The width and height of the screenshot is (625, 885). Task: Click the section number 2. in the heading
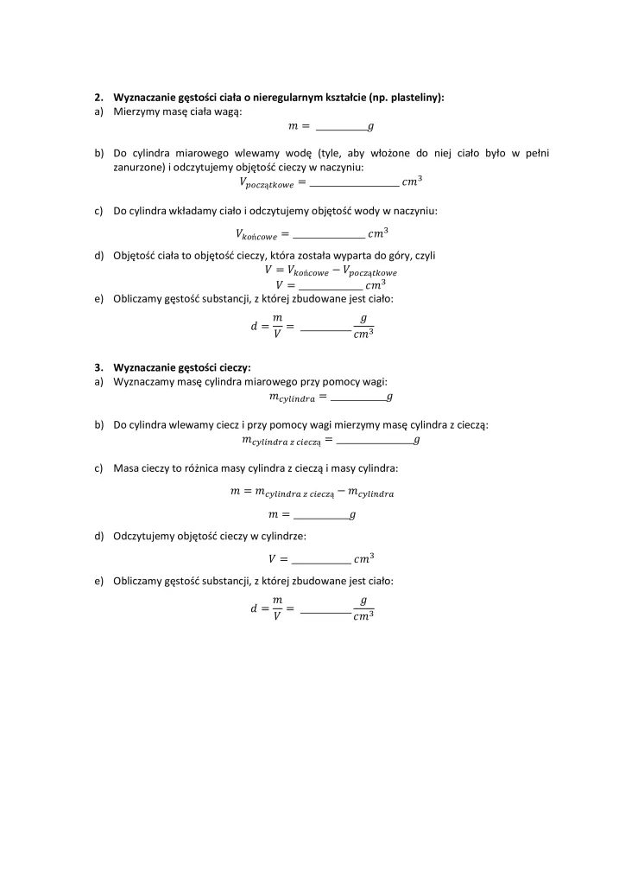pos(98,99)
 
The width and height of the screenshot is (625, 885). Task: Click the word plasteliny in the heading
pos(414,99)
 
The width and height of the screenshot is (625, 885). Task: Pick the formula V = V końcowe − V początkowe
pos(331,271)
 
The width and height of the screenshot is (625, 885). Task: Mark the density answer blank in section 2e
pos(326,329)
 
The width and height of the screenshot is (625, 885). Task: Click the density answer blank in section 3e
pos(326,613)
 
